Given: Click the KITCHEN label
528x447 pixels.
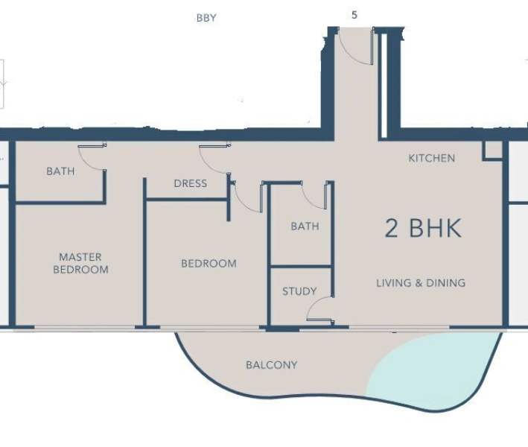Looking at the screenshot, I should click(x=431, y=158).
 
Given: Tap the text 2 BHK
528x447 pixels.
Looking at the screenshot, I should click(x=422, y=228).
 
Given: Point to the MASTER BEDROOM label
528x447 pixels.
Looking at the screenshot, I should click(x=80, y=263).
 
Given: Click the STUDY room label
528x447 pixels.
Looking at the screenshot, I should click(x=299, y=291).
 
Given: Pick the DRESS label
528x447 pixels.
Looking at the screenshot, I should click(x=190, y=183).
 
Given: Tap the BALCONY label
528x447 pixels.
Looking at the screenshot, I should click(x=271, y=365).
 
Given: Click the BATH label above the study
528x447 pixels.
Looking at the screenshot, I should click(x=305, y=226).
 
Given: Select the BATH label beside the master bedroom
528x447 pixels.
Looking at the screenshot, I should click(x=60, y=171).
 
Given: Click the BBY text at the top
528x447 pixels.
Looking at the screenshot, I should click(x=206, y=18).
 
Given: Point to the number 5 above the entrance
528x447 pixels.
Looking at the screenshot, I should click(x=354, y=14).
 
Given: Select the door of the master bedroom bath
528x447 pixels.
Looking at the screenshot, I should click(x=91, y=156).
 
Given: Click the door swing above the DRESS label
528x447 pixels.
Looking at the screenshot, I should click(x=213, y=158).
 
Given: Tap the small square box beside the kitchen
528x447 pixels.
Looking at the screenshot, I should click(x=492, y=149).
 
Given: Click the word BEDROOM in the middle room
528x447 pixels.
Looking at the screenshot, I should click(x=209, y=264).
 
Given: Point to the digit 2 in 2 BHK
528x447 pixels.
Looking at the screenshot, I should click(x=392, y=228).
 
